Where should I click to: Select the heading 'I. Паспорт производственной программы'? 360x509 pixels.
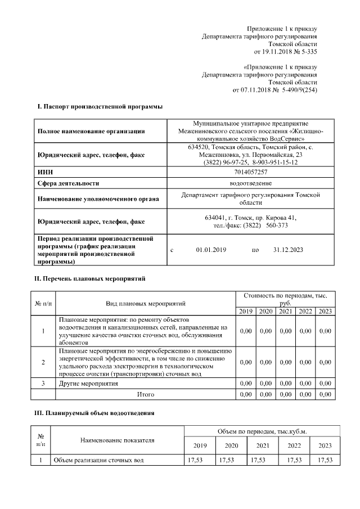pos(100,106)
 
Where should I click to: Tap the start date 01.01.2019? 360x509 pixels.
pos(211,249)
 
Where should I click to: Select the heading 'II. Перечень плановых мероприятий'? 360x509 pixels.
pos(91,278)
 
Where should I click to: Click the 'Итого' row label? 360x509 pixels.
pos(145,395)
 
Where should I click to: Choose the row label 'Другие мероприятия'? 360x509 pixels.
pos(88,384)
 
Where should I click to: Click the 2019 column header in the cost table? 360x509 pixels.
pos(246,312)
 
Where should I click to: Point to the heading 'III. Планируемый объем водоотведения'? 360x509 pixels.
pos(95,413)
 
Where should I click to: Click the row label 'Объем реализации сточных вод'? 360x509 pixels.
pos(98,460)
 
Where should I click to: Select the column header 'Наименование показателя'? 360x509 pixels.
pos(117,440)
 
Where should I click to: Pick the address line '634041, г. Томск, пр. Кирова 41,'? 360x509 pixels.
pos(251,218)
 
